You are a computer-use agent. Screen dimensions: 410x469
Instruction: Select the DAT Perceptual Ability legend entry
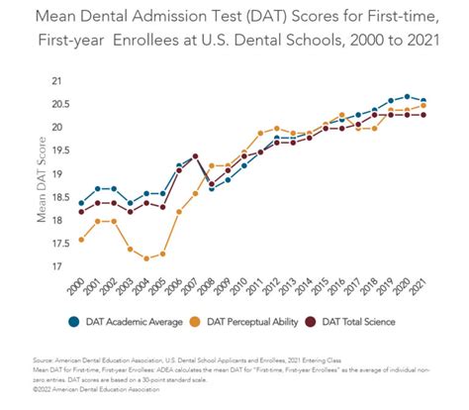point(249,320)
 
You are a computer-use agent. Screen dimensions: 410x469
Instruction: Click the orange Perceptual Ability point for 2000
point(81,240)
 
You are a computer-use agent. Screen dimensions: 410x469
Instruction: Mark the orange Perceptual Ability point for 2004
point(146,258)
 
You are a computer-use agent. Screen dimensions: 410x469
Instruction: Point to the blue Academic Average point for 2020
point(407,96)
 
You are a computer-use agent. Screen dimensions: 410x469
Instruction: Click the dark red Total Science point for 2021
point(423,115)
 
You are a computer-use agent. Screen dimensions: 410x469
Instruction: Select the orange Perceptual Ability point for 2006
point(179,212)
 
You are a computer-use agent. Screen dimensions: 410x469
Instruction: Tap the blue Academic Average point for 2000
point(81,203)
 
